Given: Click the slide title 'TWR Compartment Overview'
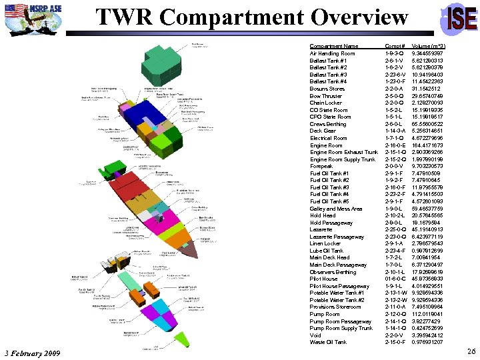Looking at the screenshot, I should tap(251, 18).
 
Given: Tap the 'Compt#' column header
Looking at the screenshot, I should tap(396, 46).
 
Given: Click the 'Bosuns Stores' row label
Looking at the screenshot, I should tap(327, 89).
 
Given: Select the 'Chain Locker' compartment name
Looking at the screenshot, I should tap(326, 103).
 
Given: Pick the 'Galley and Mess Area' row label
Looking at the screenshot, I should tap(336, 209).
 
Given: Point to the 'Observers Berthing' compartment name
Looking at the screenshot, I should tap(333, 272).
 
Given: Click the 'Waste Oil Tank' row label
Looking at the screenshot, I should tap(328, 343).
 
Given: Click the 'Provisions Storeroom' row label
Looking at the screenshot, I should tap(335, 307).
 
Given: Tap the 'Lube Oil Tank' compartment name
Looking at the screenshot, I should tap(327, 251).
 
